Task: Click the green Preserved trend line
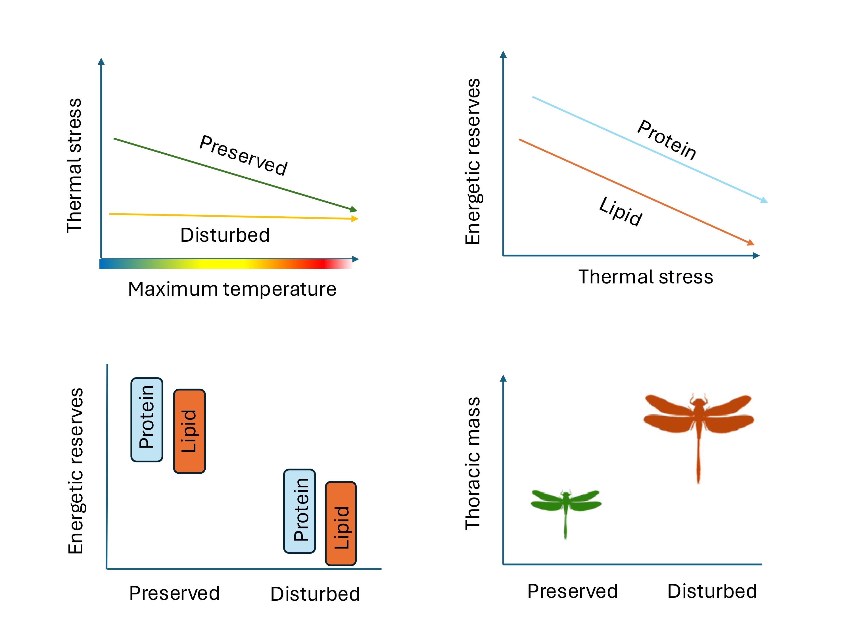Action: click(235, 174)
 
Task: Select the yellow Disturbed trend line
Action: click(233, 216)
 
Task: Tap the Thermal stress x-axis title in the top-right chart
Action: click(646, 277)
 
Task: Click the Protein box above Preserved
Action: click(147, 419)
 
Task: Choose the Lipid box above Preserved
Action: click(189, 431)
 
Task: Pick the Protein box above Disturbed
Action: click(300, 511)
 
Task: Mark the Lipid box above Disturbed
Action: click(341, 523)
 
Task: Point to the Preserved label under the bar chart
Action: click(174, 593)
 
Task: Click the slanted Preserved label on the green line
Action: click(243, 155)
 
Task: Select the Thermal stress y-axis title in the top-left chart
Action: click(74, 166)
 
